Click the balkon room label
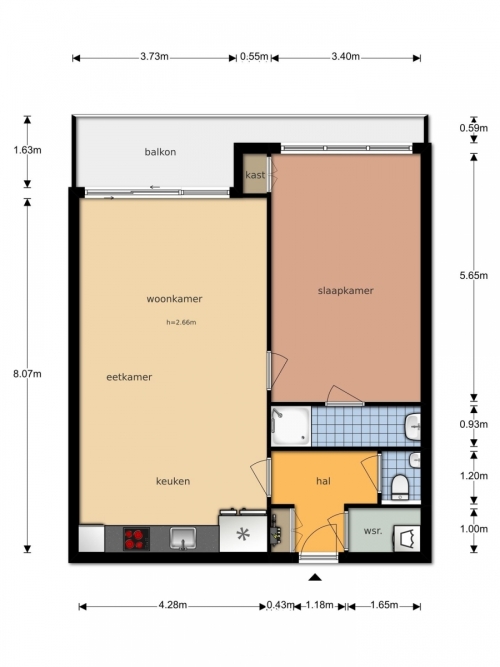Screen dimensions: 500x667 click(160, 152)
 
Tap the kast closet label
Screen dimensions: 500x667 click(255, 175)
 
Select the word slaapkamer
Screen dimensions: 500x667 click(346, 291)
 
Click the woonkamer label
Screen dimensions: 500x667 click(174, 299)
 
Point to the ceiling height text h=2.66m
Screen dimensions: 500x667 click(181, 322)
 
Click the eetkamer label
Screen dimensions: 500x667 click(129, 377)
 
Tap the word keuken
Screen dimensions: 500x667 click(173, 481)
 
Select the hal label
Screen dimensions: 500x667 click(323, 481)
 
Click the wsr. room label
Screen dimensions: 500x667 click(373, 531)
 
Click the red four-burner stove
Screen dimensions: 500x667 click(136, 539)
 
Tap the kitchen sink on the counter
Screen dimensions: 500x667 click(183, 539)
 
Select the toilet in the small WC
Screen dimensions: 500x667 click(400, 487)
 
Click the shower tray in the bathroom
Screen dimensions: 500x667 click(291, 426)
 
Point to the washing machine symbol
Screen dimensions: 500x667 click(407, 539)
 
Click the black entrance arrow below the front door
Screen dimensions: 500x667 click(315, 577)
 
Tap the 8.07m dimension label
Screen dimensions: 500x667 click(27, 374)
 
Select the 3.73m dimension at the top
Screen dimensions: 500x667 click(154, 57)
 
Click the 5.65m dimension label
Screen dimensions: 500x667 click(474, 276)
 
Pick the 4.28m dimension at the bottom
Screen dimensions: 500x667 click(173, 605)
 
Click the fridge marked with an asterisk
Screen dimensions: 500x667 click(243, 534)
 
